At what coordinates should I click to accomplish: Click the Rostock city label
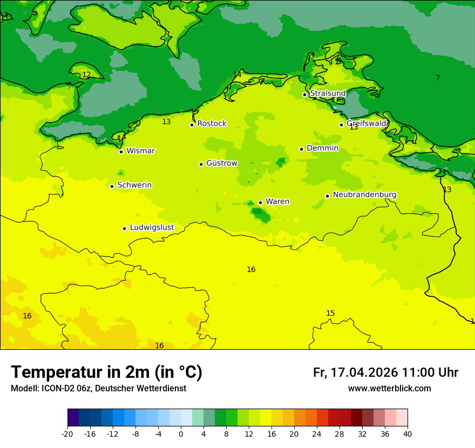click(x=212, y=124)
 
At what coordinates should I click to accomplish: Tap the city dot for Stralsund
click(x=304, y=94)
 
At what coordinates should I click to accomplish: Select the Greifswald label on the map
click(x=366, y=123)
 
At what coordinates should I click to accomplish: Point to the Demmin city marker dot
click(x=301, y=149)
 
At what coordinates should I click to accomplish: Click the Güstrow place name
click(x=221, y=163)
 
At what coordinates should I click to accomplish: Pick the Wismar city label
click(x=140, y=151)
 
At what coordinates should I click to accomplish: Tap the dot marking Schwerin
click(x=112, y=186)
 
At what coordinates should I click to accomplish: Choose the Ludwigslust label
click(x=152, y=227)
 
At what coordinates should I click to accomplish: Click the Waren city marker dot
click(x=260, y=202)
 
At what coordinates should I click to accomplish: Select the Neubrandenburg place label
click(x=364, y=194)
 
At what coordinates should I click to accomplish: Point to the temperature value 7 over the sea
click(x=438, y=78)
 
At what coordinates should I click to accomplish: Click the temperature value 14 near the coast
click(x=237, y=74)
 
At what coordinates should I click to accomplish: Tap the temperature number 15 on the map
click(x=330, y=313)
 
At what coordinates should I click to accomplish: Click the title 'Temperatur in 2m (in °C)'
click(x=106, y=372)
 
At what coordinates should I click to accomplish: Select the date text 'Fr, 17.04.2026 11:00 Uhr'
click(x=385, y=372)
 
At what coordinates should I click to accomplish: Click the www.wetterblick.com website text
click(x=389, y=389)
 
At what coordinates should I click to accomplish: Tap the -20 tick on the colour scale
click(x=67, y=433)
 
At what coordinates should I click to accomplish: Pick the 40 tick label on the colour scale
click(x=408, y=433)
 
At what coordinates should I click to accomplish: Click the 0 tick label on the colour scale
click(x=181, y=433)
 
